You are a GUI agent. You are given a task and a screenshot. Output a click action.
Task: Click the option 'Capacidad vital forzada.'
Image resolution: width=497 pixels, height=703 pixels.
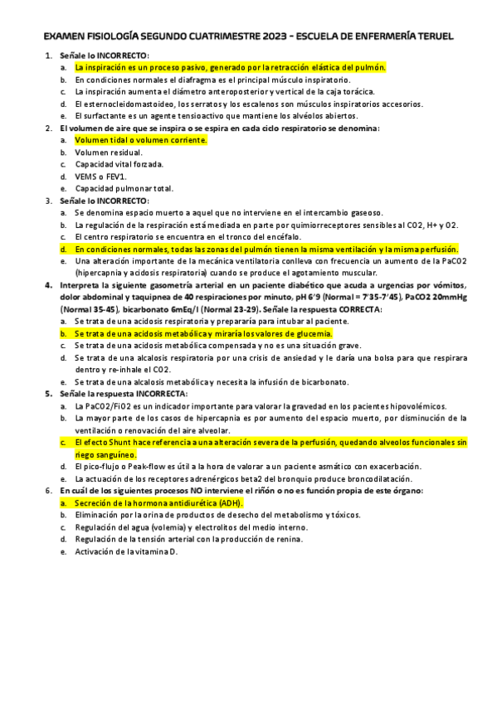pyautogui.click(x=119, y=164)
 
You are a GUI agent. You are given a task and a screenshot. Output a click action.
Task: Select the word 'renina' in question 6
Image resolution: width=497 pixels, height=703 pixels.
pyautogui.click(x=290, y=539)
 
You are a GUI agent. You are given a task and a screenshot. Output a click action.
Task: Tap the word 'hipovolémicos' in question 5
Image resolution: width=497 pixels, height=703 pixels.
pyautogui.click(x=418, y=406)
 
